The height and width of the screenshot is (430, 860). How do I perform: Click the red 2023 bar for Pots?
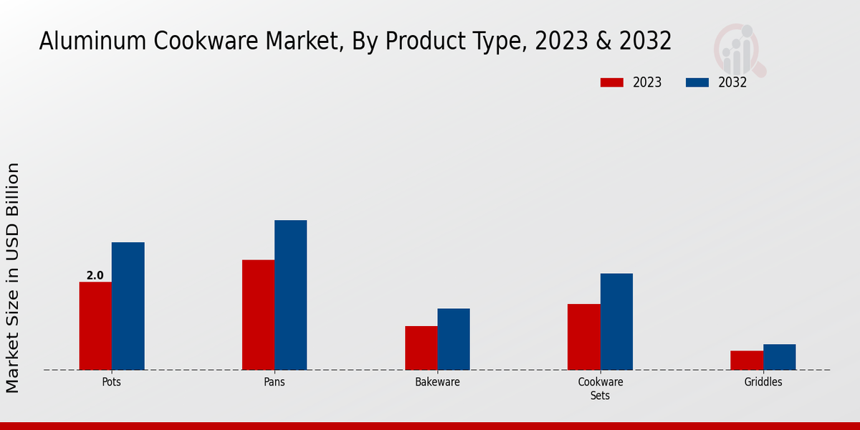(x=95, y=326)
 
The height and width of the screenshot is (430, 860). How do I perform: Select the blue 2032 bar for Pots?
(x=128, y=306)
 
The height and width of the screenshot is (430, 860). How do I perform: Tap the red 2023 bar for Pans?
(x=259, y=315)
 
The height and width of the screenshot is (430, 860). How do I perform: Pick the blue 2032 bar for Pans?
(x=291, y=295)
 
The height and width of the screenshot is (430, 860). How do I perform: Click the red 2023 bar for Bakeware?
(x=421, y=348)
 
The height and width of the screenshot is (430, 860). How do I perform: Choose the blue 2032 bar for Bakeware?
(x=454, y=340)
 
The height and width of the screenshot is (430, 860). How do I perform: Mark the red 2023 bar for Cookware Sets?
(x=584, y=337)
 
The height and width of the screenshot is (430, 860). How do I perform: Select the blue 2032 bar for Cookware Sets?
(x=616, y=322)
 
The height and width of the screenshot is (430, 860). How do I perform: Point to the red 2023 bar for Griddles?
(x=747, y=360)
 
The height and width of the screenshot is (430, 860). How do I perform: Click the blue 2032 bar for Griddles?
(x=780, y=357)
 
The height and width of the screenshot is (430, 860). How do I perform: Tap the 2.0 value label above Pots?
(x=95, y=275)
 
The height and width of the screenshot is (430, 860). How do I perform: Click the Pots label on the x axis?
(x=111, y=382)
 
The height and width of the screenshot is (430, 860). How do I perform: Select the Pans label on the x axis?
(x=274, y=382)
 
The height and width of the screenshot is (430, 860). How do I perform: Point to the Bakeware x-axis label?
(x=437, y=382)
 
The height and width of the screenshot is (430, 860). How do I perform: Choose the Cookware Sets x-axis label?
(x=601, y=388)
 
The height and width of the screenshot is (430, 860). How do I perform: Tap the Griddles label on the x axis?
(x=763, y=382)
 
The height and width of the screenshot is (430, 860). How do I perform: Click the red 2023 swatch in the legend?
(x=612, y=82)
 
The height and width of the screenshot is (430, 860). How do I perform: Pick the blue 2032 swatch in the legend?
(x=697, y=82)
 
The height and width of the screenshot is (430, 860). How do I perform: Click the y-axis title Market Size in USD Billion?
(x=13, y=278)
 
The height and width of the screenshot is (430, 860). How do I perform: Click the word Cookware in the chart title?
(x=206, y=41)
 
